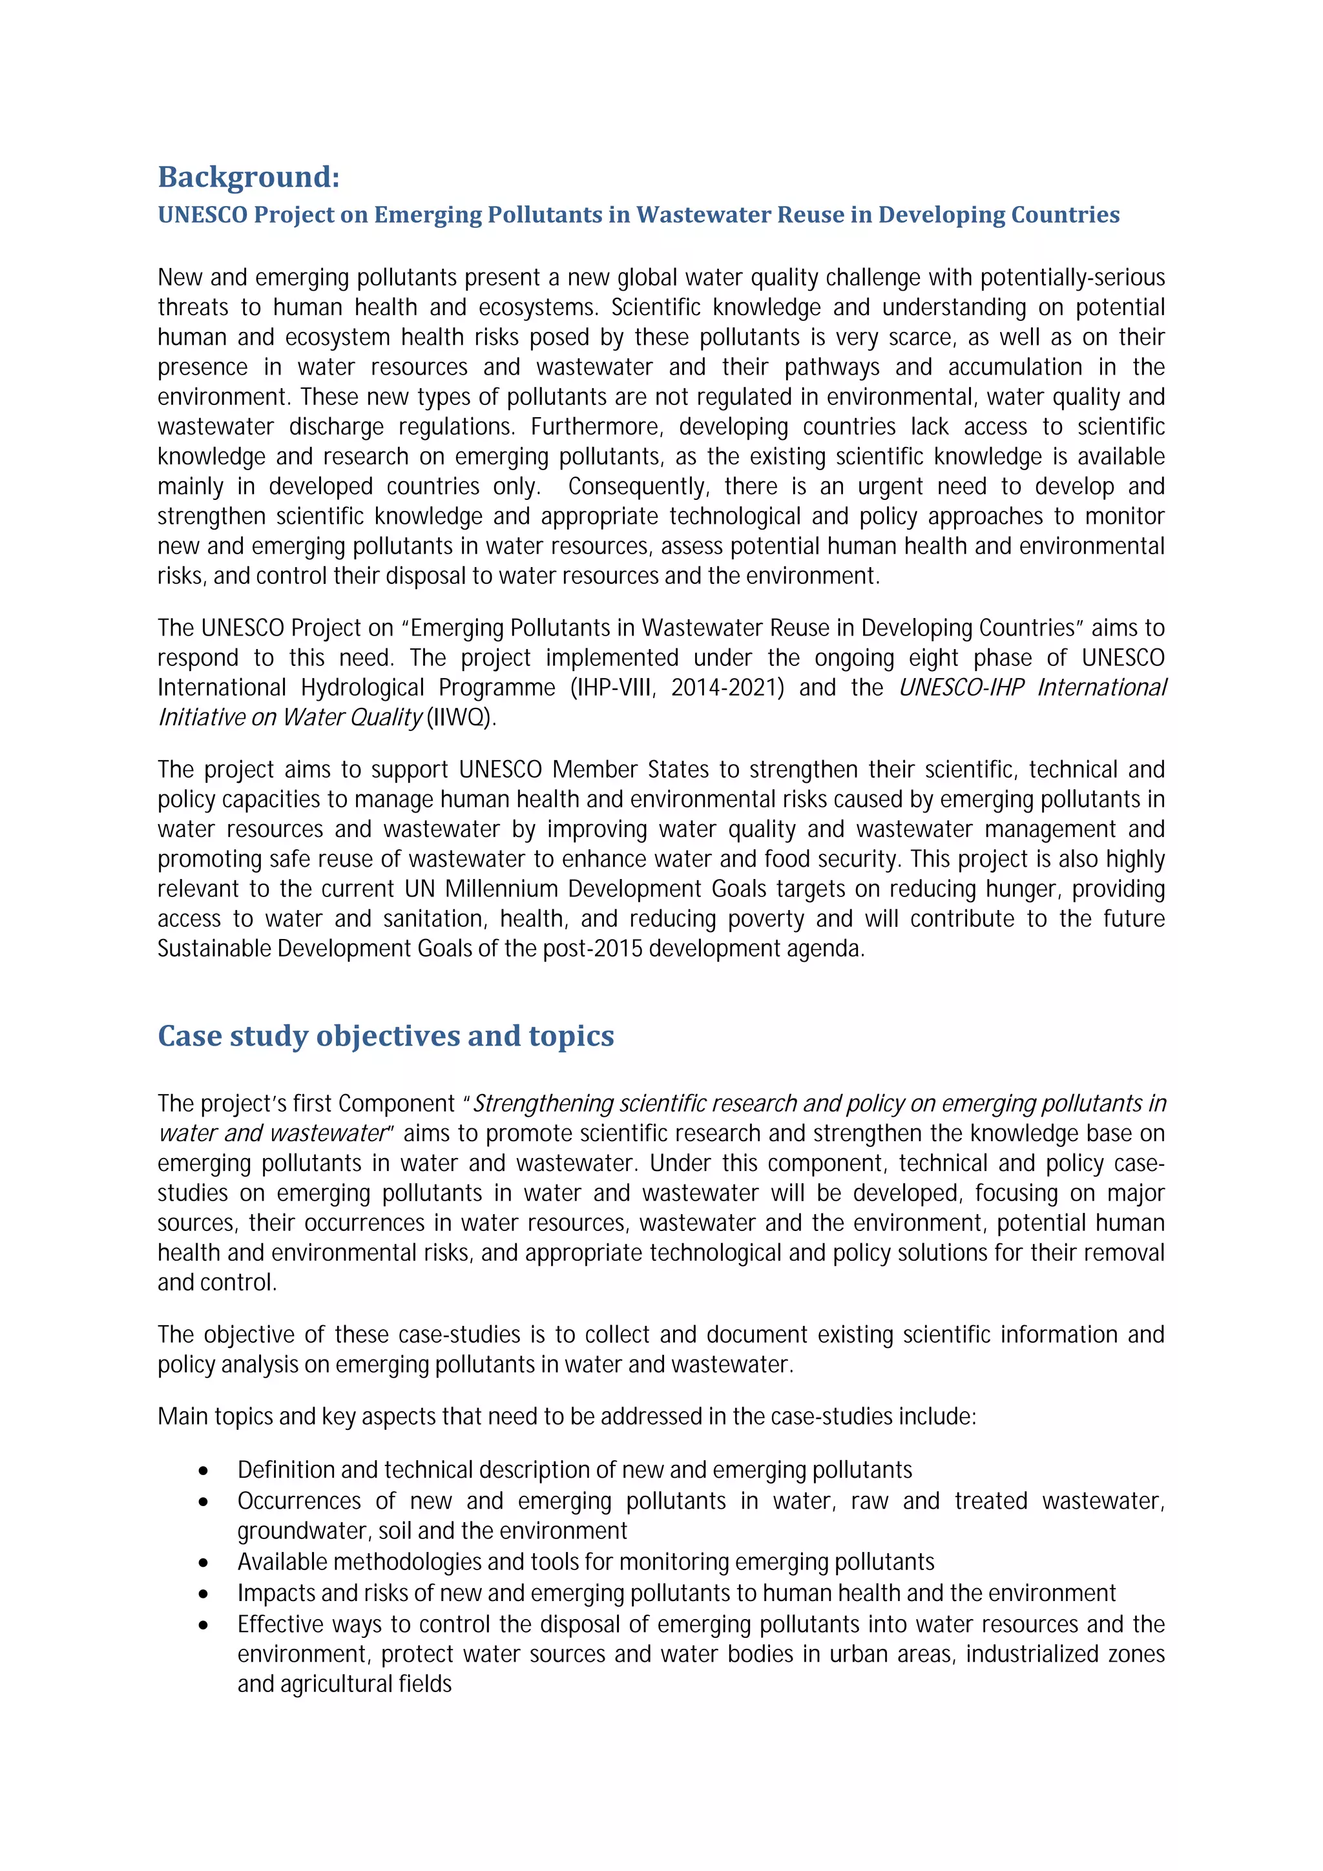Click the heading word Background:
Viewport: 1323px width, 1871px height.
pos(249,177)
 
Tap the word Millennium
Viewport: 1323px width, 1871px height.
pos(504,889)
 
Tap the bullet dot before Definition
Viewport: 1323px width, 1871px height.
pos(203,1471)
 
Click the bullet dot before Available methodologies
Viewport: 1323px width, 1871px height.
pos(203,1563)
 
